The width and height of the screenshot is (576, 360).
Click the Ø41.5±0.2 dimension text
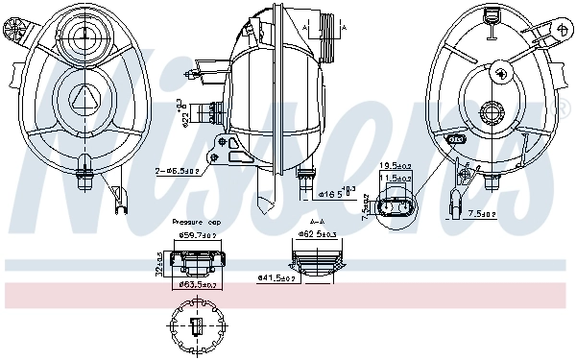(x=277, y=277)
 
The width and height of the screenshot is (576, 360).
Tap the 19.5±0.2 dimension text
(x=395, y=166)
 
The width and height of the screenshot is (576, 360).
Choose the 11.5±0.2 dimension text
(x=396, y=179)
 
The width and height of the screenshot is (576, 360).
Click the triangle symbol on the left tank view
(x=84, y=97)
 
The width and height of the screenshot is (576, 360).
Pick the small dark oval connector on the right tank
(x=459, y=138)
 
